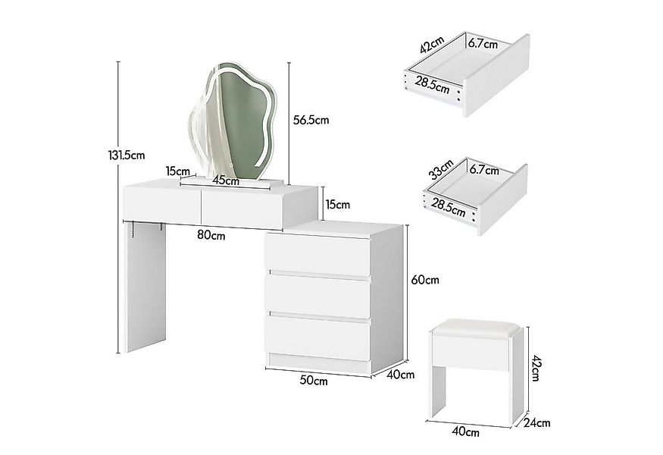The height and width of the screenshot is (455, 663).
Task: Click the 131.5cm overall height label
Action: pos(127,155)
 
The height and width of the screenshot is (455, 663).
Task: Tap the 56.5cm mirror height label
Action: pos(311,120)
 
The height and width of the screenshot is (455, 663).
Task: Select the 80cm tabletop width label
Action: pos(211,234)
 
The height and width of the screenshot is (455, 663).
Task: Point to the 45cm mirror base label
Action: pos(226,180)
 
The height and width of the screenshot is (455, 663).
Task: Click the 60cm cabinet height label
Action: pos(425,279)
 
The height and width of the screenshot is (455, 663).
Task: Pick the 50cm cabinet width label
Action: pos(314,380)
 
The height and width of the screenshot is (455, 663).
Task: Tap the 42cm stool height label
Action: pos(534,369)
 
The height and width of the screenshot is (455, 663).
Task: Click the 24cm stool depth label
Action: pos(537,422)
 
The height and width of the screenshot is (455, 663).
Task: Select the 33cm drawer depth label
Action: pos(440,168)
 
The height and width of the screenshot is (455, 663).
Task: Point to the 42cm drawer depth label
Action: pos(432,45)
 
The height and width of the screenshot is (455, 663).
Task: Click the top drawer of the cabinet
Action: pos(317,254)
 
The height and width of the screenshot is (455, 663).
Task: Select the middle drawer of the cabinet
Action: pos(317,297)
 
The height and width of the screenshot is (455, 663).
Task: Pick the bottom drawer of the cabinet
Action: pos(317,337)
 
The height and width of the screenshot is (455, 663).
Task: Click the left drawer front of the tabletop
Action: pos(161,206)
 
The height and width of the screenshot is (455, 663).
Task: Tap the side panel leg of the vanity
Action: pos(145,287)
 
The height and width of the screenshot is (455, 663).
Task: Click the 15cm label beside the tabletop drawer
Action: pos(338,205)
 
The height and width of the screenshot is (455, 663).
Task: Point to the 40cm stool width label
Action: pos(465,431)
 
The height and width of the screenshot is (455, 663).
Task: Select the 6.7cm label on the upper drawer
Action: pos(483,42)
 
